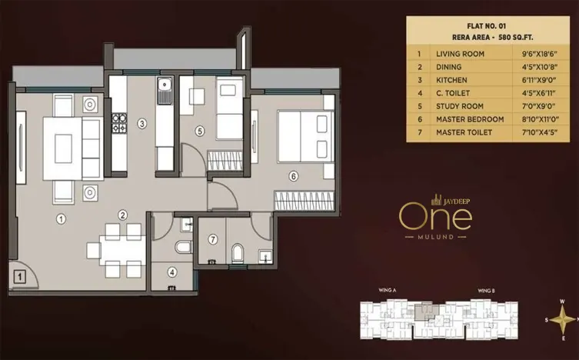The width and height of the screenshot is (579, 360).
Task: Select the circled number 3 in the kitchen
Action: pyautogui.click(x=141, y=123)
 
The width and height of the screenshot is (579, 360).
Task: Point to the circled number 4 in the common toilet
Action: pyautogui.click(x=172, y=272)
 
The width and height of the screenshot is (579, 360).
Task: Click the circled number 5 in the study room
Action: pyautogui.click(x=200, y=132)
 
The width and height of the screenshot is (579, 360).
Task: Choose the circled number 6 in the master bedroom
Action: pyautogui.click(x=293, y=175)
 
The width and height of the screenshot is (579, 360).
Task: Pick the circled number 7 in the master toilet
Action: pyautogui.click(x=213, y=240)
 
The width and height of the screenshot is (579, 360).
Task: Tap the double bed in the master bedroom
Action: pyautogui.click(x=305, y=137)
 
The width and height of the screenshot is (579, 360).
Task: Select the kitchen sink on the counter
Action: pyautogui.click(x=164, y=92)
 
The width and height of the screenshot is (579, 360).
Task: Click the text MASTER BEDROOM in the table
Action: pyautogui.click(x=469, y=119)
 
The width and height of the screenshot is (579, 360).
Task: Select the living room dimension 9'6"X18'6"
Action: pyautogui.click(x=541, y=55)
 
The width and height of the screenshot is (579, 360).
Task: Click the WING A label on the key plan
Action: pyautogui.click(x=387, y=291)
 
